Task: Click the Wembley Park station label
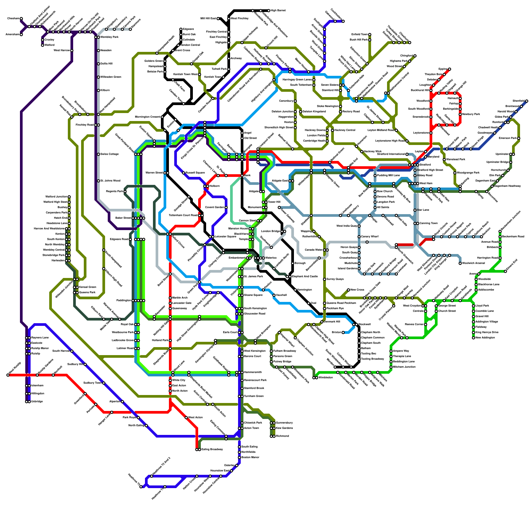tap(109, 37)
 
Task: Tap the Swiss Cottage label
tap(109, 154)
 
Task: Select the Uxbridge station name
tap(37, 402)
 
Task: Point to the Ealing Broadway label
tap(212, 450)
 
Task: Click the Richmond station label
tap(282, 436)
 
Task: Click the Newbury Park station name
tap(471, 114)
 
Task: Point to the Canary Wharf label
tap(370, 237)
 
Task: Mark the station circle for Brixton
tap(343, 332)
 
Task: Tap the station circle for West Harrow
tap(72, 51)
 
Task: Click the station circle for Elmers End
tap(505, 271)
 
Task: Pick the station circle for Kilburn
tap(98, 90)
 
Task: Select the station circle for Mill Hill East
tap(218, 19)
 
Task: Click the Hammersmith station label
tap(253, 372)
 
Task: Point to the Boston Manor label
tap(250, 458)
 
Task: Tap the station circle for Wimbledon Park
tap(293, 367)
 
